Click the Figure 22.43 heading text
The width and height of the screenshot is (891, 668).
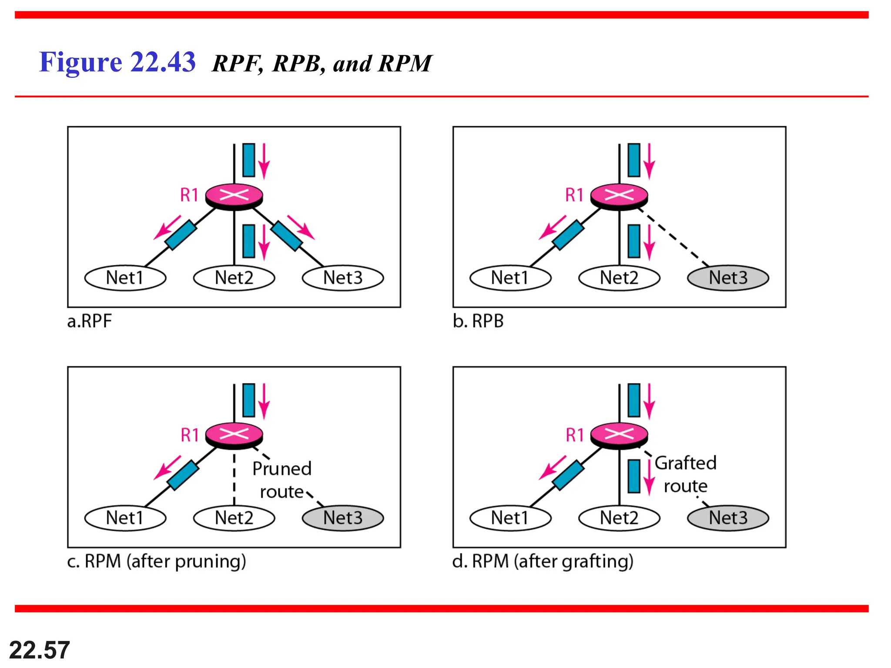[117, 62]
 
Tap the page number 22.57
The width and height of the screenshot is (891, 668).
[39, 650]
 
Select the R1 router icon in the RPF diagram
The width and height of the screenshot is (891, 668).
[234, 196]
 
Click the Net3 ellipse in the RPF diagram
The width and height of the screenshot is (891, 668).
[343, 278]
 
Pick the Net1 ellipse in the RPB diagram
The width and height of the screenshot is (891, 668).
[510, 278]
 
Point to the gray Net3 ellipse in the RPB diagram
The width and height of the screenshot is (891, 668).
[728, 278]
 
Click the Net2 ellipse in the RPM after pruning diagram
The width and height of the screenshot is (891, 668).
[234, 518]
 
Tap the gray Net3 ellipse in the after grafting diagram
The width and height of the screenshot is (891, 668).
[728, 518]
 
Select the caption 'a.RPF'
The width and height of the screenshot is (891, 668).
[90, 321]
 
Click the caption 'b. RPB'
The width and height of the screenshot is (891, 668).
[478, 321]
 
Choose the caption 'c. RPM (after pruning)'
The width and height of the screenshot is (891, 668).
[157, 561]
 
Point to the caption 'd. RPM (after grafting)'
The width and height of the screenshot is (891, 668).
[543, 561]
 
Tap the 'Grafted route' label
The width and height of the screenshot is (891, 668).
[686, 474]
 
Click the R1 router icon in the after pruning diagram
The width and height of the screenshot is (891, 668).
[234, 435]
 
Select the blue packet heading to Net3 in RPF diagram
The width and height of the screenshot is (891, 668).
[287, 236]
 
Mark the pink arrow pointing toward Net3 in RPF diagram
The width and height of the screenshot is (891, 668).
[301, 227]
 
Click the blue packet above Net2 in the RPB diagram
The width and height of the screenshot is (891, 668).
[634, 241]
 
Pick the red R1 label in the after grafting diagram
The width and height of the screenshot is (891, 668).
[575, 435]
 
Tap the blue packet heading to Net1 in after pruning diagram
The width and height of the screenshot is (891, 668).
[183, 475]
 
